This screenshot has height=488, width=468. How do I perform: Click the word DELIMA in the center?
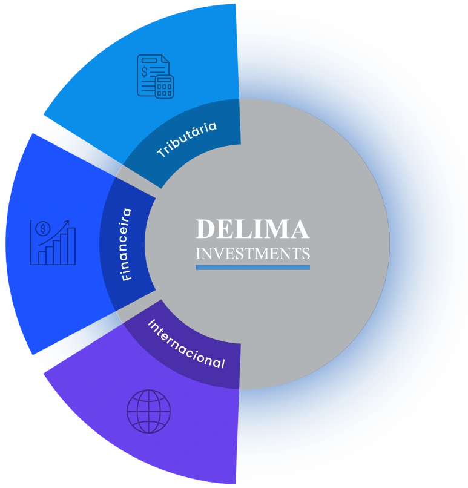[x=252, y=229]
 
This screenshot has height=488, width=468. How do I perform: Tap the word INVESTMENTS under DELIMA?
[x=252, y=253]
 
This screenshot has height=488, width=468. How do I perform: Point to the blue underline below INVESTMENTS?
[x=252, y=267]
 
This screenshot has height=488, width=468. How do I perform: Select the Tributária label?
[x=186, y=140]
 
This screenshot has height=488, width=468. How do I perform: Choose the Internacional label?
[x=186, y=345]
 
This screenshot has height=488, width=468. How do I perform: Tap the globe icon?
[x=148, y=411]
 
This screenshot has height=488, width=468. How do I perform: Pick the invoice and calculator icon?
[x=155, y=76]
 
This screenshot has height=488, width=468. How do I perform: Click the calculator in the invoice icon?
[x=164, y=87]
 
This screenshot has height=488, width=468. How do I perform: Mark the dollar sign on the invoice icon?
[x=145, y=71]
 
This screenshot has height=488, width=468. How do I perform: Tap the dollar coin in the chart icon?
[x=42, y=229]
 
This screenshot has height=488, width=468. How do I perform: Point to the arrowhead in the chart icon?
[x=67, y=222]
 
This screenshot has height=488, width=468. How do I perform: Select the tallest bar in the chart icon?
[x=71, y=246]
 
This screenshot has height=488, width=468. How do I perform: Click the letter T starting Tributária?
[x=162, y=154]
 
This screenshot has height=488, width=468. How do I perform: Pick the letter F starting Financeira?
[x=127, y=276]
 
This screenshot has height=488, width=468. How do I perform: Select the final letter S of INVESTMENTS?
[x=306, y=253]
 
